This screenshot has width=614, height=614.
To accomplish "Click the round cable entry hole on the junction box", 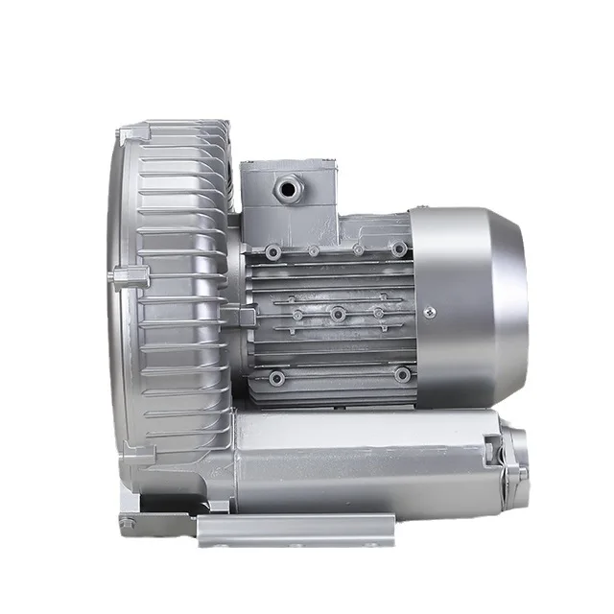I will tap(287, 188).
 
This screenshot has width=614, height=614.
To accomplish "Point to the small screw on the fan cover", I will tap(429, 311).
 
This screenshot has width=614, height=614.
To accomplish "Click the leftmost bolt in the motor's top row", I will tap(274, 251).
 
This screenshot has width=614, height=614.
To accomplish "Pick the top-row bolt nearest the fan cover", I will tap(398, 249).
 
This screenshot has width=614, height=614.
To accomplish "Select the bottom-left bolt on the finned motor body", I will tap(276, 378).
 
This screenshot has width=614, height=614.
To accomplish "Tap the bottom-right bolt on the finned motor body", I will tap(402, 374).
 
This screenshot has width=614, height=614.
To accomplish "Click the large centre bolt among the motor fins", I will tap(338, 314).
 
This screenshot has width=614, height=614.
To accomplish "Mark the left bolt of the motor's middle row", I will tap(296, 315).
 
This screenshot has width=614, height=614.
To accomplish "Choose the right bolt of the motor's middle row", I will tap(379, 313).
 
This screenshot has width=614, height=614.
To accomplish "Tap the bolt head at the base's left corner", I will tap(128, 523).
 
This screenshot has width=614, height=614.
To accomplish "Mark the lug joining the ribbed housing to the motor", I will tap(241, 315).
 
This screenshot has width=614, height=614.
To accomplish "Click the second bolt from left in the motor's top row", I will tap(314, 250).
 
